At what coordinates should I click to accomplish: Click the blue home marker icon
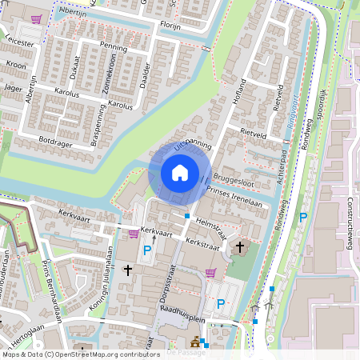point(179,172)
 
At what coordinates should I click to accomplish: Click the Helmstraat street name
point(210,227)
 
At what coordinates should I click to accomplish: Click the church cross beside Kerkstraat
point(241,249)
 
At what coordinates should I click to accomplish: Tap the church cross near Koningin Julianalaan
point(127,271)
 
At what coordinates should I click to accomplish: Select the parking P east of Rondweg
point(302,217)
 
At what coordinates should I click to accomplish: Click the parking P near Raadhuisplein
point(221,304)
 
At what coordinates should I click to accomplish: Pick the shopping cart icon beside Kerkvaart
point(133,234)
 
